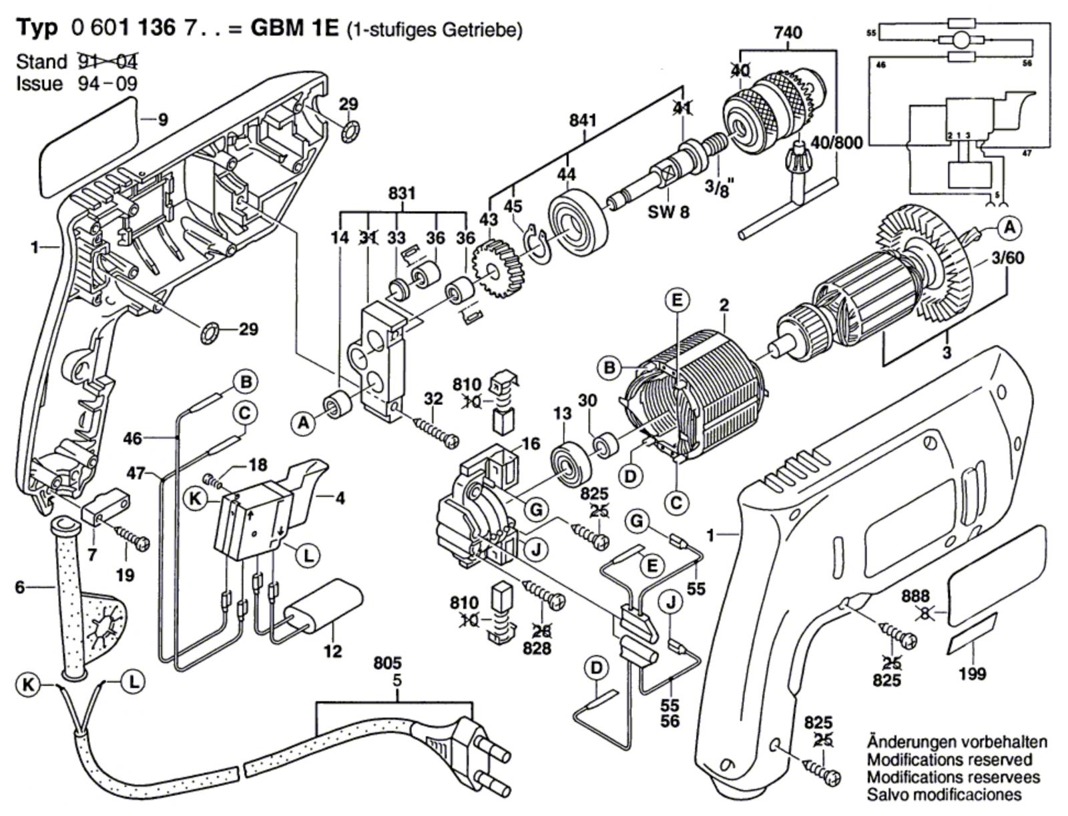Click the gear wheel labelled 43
[x=497, y=273]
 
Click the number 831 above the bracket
[x=402, y=193]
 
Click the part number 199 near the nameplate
[x=971, y=674]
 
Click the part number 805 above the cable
[x=388, y=664]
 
